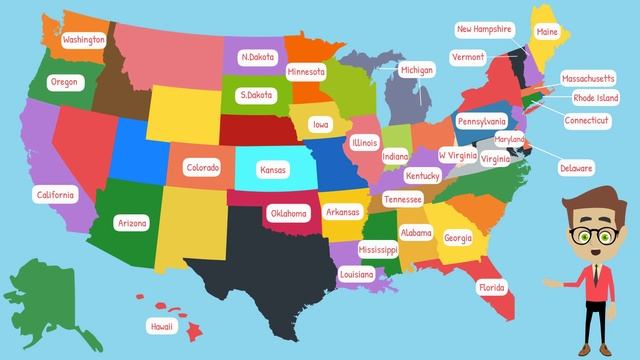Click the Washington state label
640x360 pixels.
coord(84,40)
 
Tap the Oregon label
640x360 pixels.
coord(63,82)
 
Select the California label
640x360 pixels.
coord(54,194)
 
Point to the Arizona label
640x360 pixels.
coord(132,223)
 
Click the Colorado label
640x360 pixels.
coord(202,168)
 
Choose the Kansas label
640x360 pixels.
coord(273,170)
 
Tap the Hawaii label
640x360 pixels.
coord(161,326)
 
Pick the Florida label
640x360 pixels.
coord(491,287)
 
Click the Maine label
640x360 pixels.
coord(547,33)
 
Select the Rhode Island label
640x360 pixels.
coord(596,98)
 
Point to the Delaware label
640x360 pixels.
coord(576,168)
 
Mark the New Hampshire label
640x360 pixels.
coord(485,30)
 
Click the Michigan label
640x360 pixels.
coord(417,71)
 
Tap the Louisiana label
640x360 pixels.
coord(356,273)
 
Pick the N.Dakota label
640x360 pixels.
coord(258,58)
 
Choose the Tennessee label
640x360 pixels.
coord(402,200)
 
